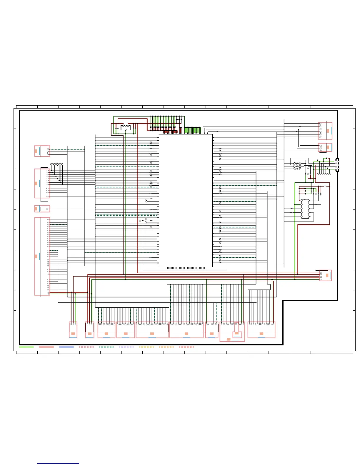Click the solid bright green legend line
(26, 347)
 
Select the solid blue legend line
(66, 347)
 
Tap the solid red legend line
(46, 347)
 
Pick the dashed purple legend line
(126, 347)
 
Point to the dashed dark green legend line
(106, 347)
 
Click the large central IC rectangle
(186, 201)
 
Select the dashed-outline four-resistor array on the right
(297, 166)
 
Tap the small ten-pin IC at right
(305, 209)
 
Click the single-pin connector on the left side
(42, 209)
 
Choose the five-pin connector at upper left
(42, 151)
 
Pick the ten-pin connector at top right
(325, 131)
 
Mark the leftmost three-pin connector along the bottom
(73, 330)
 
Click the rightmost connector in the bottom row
(261, 330)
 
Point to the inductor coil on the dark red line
(325, 186)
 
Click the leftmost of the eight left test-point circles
(51, 164)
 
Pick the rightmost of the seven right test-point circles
(329, 174)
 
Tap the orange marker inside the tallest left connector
(36, 257)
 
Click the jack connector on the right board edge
(337, 165)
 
